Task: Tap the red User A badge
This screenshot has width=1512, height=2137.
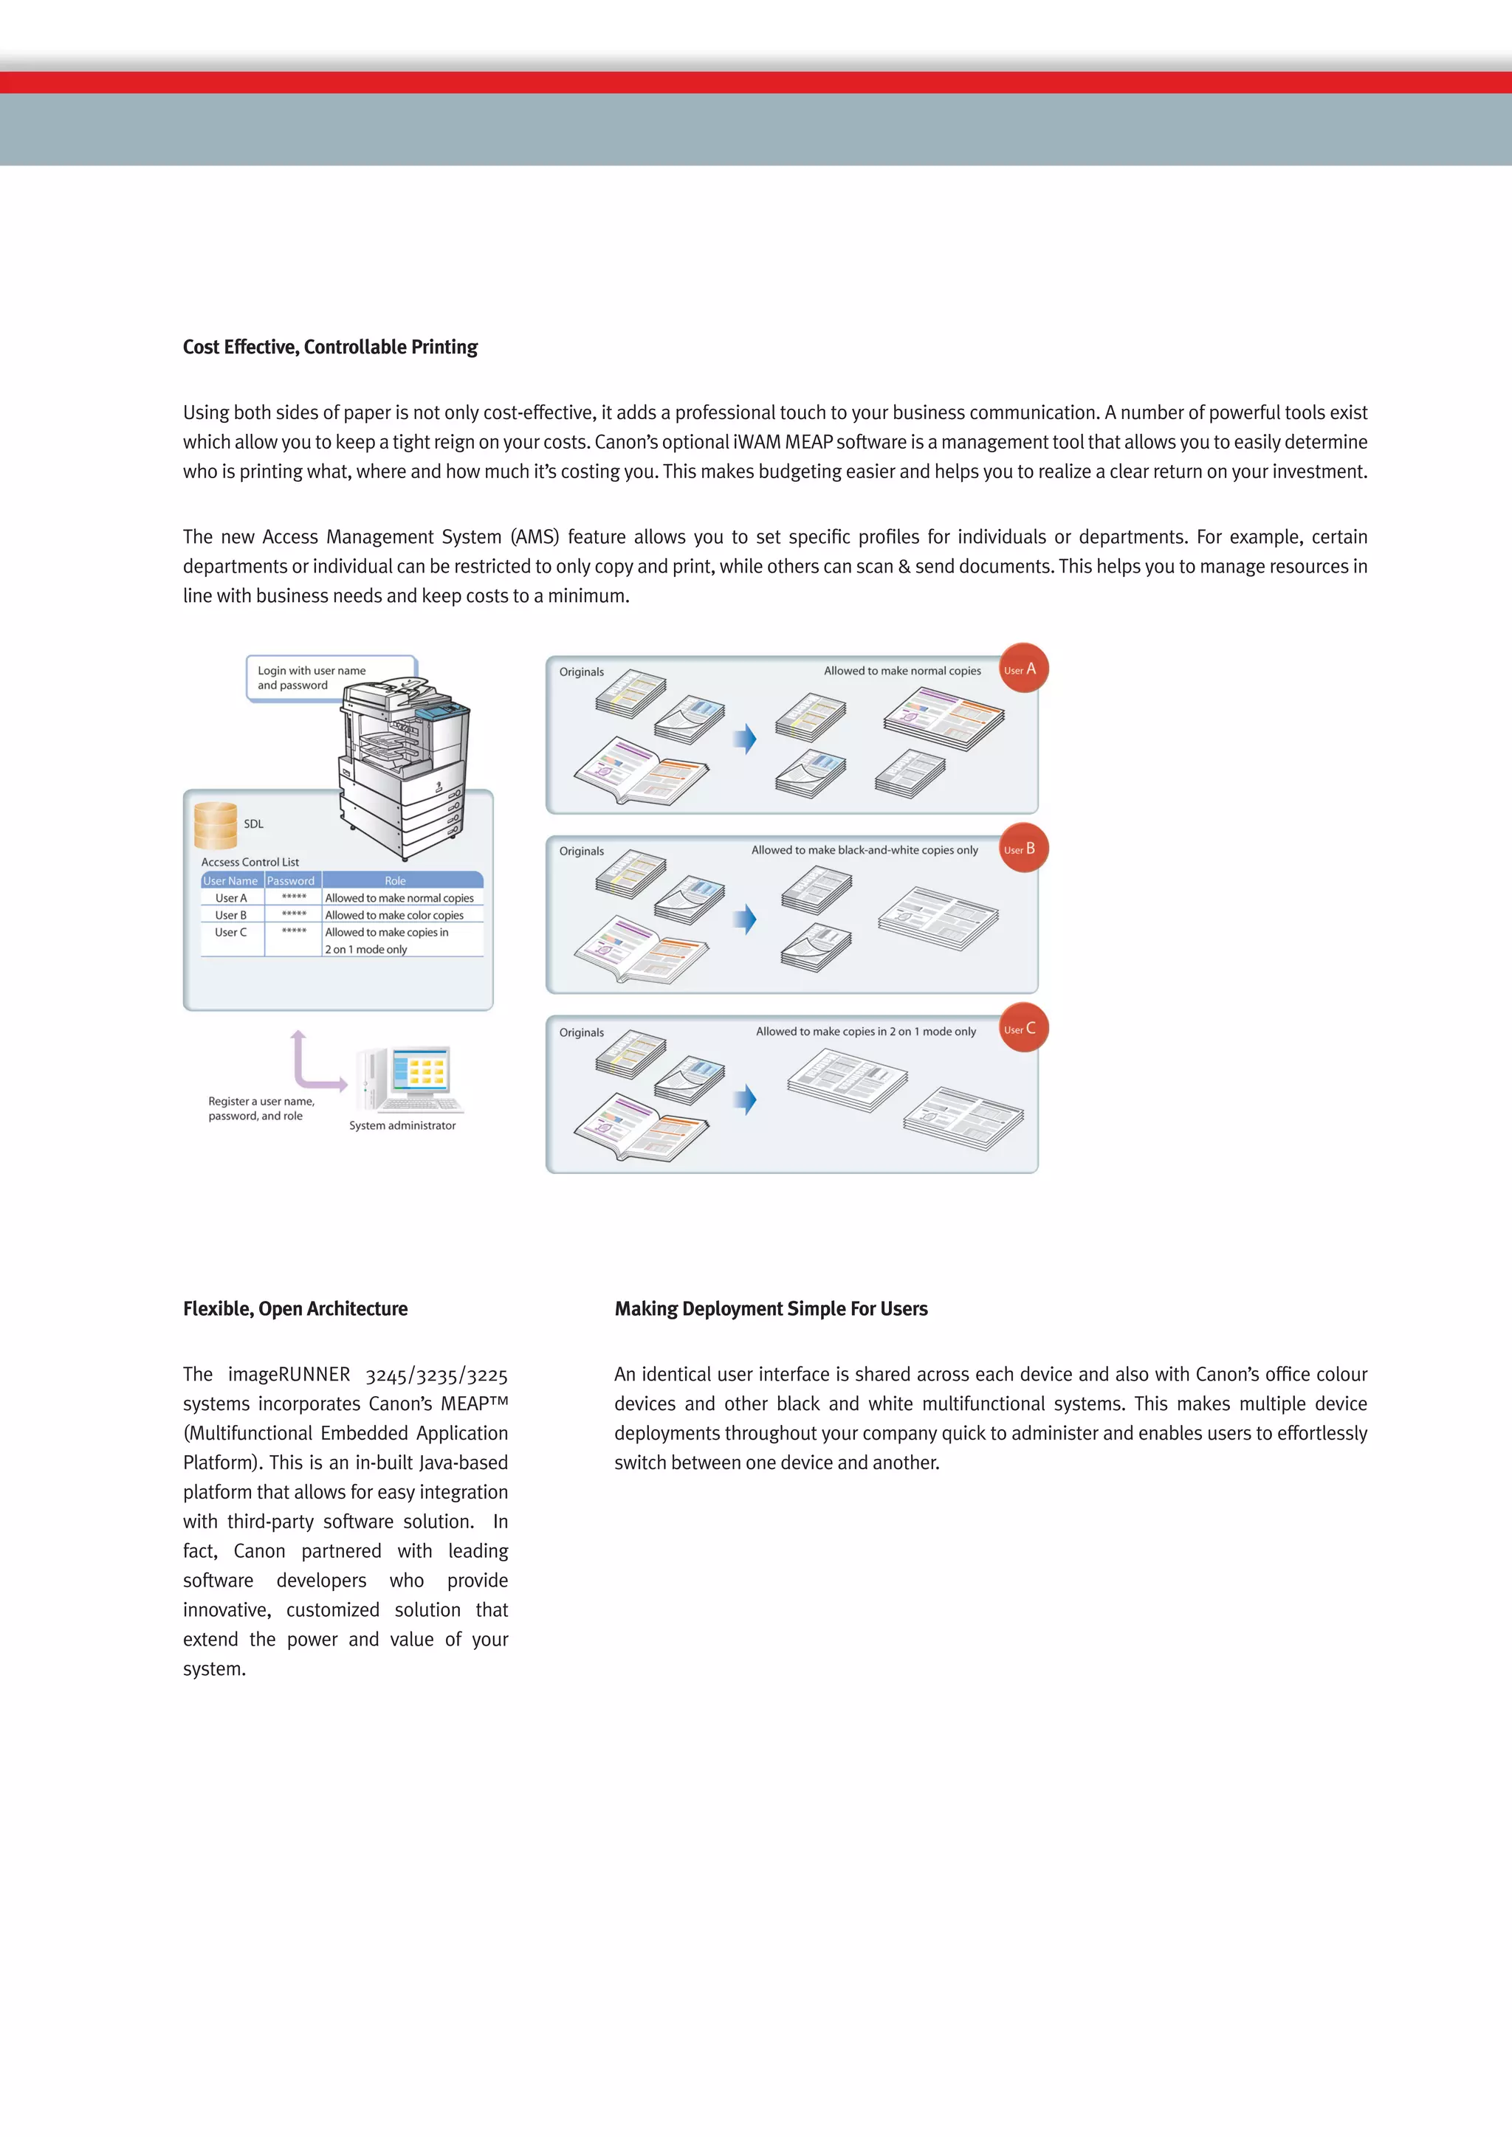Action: coord(1023,669)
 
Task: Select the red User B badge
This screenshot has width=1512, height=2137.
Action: coord(1023,848)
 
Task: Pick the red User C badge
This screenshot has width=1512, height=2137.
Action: coord(1023,1028)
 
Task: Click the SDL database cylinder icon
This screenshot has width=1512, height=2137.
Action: coord(215,826)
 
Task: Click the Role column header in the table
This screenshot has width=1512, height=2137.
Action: coord(395,880)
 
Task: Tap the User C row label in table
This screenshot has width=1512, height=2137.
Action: coord(231,932)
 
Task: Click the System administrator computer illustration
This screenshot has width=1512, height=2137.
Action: coord(410,1080)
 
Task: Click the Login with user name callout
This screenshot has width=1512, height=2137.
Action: coord(311,677)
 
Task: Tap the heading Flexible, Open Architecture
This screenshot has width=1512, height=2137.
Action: coord(295,1308)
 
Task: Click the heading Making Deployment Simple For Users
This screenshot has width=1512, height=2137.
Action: coord(771,1308)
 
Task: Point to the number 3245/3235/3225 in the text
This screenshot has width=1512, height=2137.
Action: coord(436,1375)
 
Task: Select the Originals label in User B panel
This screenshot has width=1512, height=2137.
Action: coord(581,851)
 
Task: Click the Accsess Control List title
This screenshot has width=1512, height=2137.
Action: coord(250,862)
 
